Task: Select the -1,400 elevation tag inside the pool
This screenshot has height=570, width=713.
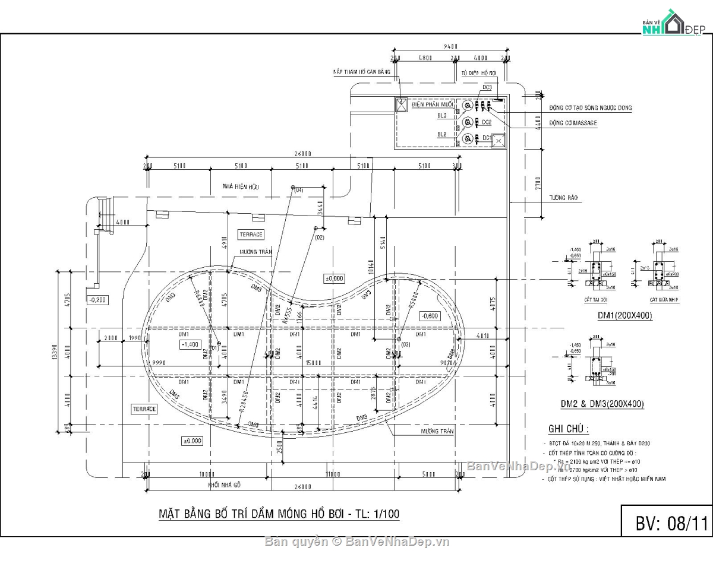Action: (191, 344)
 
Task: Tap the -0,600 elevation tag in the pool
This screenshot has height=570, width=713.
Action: (430, 316)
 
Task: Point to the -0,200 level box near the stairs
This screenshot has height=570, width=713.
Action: (97, 300)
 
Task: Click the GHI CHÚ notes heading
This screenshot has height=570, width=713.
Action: (569, 429)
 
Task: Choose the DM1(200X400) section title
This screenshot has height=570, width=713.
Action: (624, 316)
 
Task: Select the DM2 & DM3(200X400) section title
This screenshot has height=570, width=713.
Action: (602, 404)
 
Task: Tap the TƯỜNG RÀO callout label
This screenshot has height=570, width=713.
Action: (564, 198)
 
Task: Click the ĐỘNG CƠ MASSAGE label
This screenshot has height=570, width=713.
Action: (573, 123)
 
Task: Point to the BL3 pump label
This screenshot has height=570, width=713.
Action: (442, 115)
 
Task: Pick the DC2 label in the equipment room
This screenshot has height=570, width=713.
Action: (487, 122)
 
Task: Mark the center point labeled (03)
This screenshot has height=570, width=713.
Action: (406, 344)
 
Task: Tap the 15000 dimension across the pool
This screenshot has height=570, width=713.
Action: (313, 363)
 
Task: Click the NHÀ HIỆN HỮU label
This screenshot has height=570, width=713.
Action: (241, 186)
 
